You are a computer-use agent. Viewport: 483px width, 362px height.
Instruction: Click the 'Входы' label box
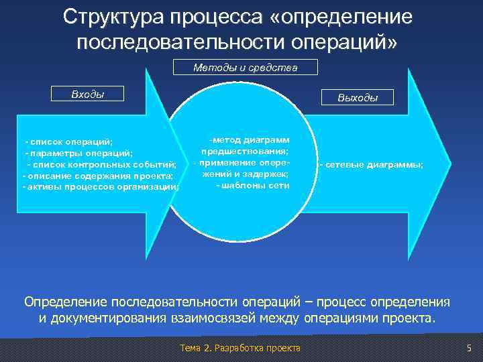pyautogui.click(x=88, y=93)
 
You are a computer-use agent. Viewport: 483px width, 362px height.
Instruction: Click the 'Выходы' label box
pyautogui.click(x=358, y=98)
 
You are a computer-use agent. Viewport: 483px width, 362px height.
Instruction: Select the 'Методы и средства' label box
pyautogui.click(x=245, y=68)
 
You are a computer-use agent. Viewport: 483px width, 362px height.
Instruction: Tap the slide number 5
pyautogui.click(x=469, y=347)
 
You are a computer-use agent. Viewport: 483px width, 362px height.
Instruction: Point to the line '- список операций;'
pyautogui.click(x=69, y=142)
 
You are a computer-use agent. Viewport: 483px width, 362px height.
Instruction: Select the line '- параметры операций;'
pyautogui.click(x=79, y=153)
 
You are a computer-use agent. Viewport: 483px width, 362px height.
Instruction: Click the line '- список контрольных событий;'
pyautogui.click(x=101, y=164)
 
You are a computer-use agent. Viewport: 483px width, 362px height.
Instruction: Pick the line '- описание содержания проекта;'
pyautogui.click(x=98, y=176)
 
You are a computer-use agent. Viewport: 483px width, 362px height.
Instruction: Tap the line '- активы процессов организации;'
pyautogui.click(x=101, y=186)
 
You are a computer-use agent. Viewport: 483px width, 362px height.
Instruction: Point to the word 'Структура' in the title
pyautogui.click(x=110, y=17)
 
